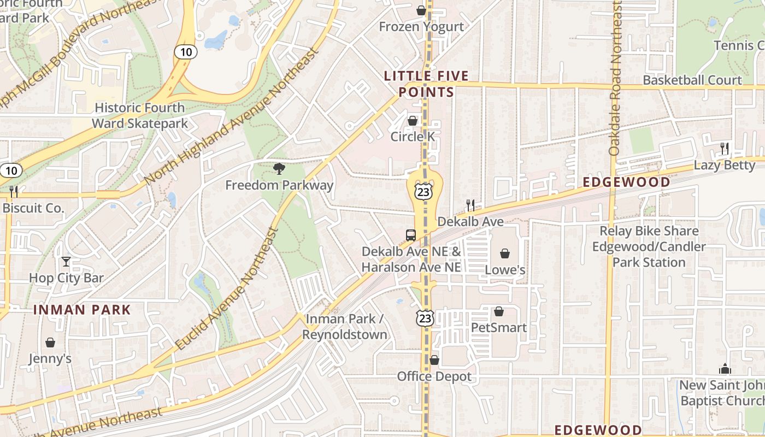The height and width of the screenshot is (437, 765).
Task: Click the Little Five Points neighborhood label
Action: tap(426, 84)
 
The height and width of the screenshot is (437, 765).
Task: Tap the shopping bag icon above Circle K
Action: tap(413, 121)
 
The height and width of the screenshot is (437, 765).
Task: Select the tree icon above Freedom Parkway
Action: tap(279, 168)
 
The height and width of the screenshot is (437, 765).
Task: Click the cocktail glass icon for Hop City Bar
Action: tap(66, 262)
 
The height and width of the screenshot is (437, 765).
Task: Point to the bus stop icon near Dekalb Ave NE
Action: tap(411, 235)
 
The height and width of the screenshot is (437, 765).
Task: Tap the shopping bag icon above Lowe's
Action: tap(505, 253)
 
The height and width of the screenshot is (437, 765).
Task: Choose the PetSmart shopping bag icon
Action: tap(498, 311)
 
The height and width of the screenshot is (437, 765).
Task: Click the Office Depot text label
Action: tap(434, 376)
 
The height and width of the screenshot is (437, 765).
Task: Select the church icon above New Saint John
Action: tap(725, 369)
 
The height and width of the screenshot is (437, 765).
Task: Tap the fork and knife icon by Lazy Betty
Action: tap(725, 148)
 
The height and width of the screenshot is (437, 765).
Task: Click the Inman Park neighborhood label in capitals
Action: tap(82, 310)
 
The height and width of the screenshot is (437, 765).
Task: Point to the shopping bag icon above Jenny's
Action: tap(50, 342)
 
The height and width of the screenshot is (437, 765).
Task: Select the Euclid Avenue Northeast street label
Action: tap(228, 288)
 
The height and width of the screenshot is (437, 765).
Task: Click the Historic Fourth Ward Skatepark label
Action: tap(139, 115)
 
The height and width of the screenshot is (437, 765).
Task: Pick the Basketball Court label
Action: tap(692, 80)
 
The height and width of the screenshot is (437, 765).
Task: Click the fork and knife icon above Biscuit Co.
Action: tap(14, 191)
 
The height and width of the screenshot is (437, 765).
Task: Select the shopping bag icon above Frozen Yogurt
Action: tap(421, 10)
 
